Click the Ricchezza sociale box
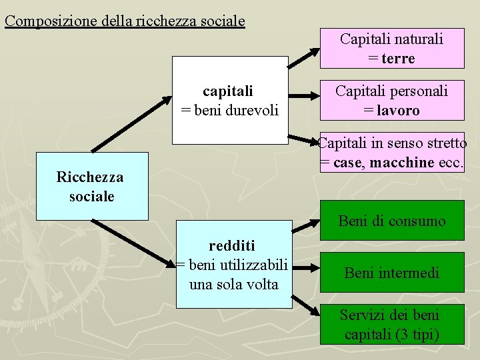point(91,187)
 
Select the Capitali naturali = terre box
point(391,48)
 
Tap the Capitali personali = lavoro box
point(391,100)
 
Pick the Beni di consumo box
point(392,221)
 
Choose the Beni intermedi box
point(392,273)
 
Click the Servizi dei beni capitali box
point(392,324)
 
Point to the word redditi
point(232,245)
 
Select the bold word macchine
point(403,163)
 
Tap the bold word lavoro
point(398,111)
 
